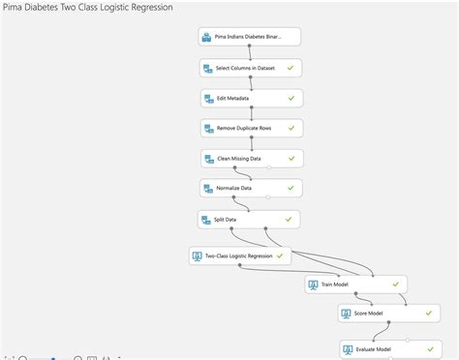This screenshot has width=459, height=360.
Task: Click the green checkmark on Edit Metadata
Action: pyautogui.click(x=291, y=98)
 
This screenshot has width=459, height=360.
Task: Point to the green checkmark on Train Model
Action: pyautogui.click(x=395, y=285)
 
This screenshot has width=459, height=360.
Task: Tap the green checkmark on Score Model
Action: pyautogui.click(x=425, y=314)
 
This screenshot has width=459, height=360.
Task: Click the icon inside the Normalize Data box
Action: pyautogui.click(x=208, y=188)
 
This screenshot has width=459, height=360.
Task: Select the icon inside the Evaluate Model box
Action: pyautogui.click(x=349, y=348)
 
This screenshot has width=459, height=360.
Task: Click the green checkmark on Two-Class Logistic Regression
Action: pyautogui.click(x=280, y=255)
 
